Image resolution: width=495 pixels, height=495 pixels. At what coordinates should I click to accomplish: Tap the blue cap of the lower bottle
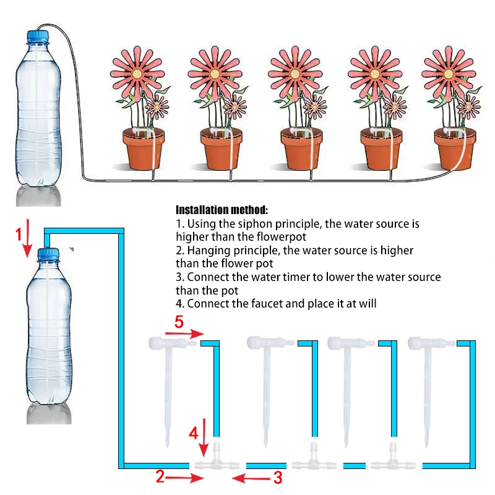48,254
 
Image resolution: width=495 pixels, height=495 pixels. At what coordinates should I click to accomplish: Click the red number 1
19,234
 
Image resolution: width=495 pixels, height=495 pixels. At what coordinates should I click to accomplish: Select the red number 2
160,476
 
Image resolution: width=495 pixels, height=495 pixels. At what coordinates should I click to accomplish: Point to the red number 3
278,477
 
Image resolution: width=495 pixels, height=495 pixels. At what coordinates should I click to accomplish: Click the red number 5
179,322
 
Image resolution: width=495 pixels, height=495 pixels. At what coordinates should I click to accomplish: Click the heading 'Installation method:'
222,210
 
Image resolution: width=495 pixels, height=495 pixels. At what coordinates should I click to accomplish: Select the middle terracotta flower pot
301,148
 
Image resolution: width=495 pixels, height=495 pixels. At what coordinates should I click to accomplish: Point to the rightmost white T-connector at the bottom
391,461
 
